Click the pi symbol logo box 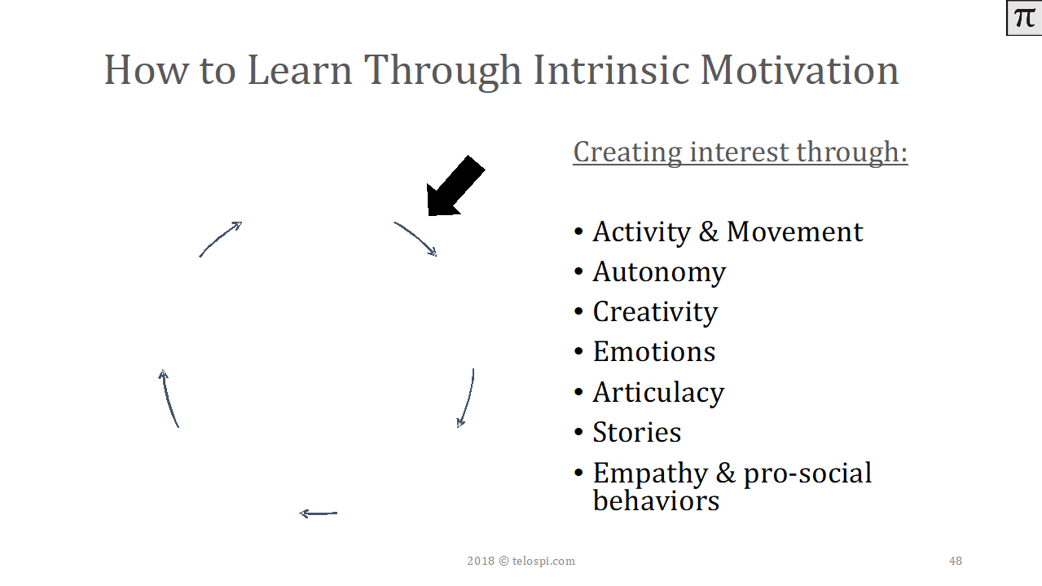tap(1024, 18)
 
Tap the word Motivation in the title tap(800, 70)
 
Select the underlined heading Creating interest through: tap(740, 152)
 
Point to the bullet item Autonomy tap(659, 272)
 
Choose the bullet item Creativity tap(655, 312)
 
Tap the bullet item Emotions tap(654, 352)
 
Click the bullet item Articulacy tap(658, 392)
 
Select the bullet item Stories tap(637, 433)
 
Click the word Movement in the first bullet tap(794, 231)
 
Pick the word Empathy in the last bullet tap(650, 474)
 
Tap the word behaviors tap(656, 500)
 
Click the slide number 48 tap(956, 561)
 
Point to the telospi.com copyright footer tap(521, 561)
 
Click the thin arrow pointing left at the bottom tap(319, 513)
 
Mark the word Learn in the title tap(300, 70)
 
